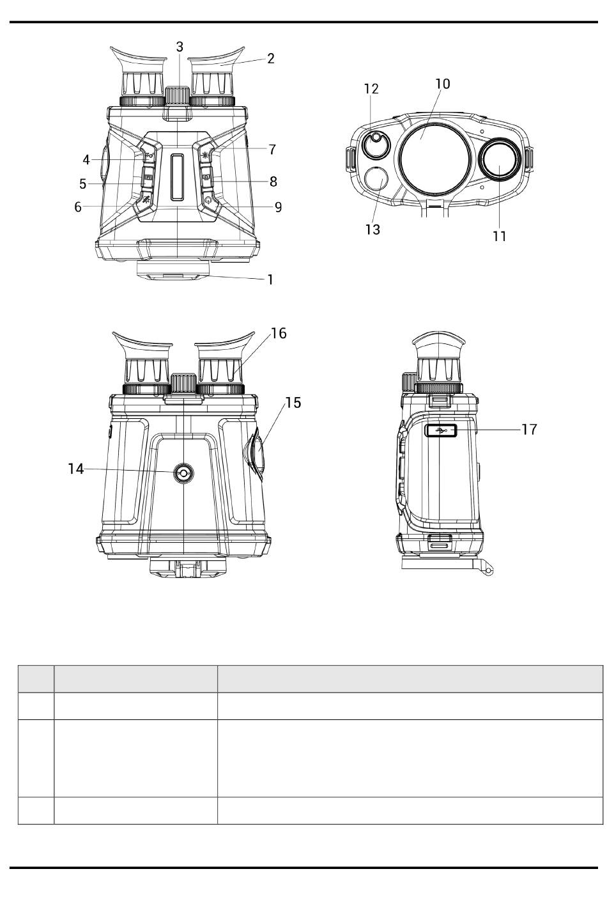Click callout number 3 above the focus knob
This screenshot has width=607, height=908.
tap(180, 47)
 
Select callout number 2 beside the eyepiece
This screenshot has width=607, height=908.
tap(270, 58)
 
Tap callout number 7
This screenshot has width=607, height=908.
tap(272, 150)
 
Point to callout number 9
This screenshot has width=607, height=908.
tap(278, 207)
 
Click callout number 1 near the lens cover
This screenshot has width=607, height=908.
tap(270, 279)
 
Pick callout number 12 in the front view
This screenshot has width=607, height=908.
tap(371, 89)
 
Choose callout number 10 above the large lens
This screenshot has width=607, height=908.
tap(442, 84)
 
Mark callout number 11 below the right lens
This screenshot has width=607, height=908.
tap(499, 236)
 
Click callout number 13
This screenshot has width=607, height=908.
tap(373, 230)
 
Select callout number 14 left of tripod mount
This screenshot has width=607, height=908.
tap(76, 469)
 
